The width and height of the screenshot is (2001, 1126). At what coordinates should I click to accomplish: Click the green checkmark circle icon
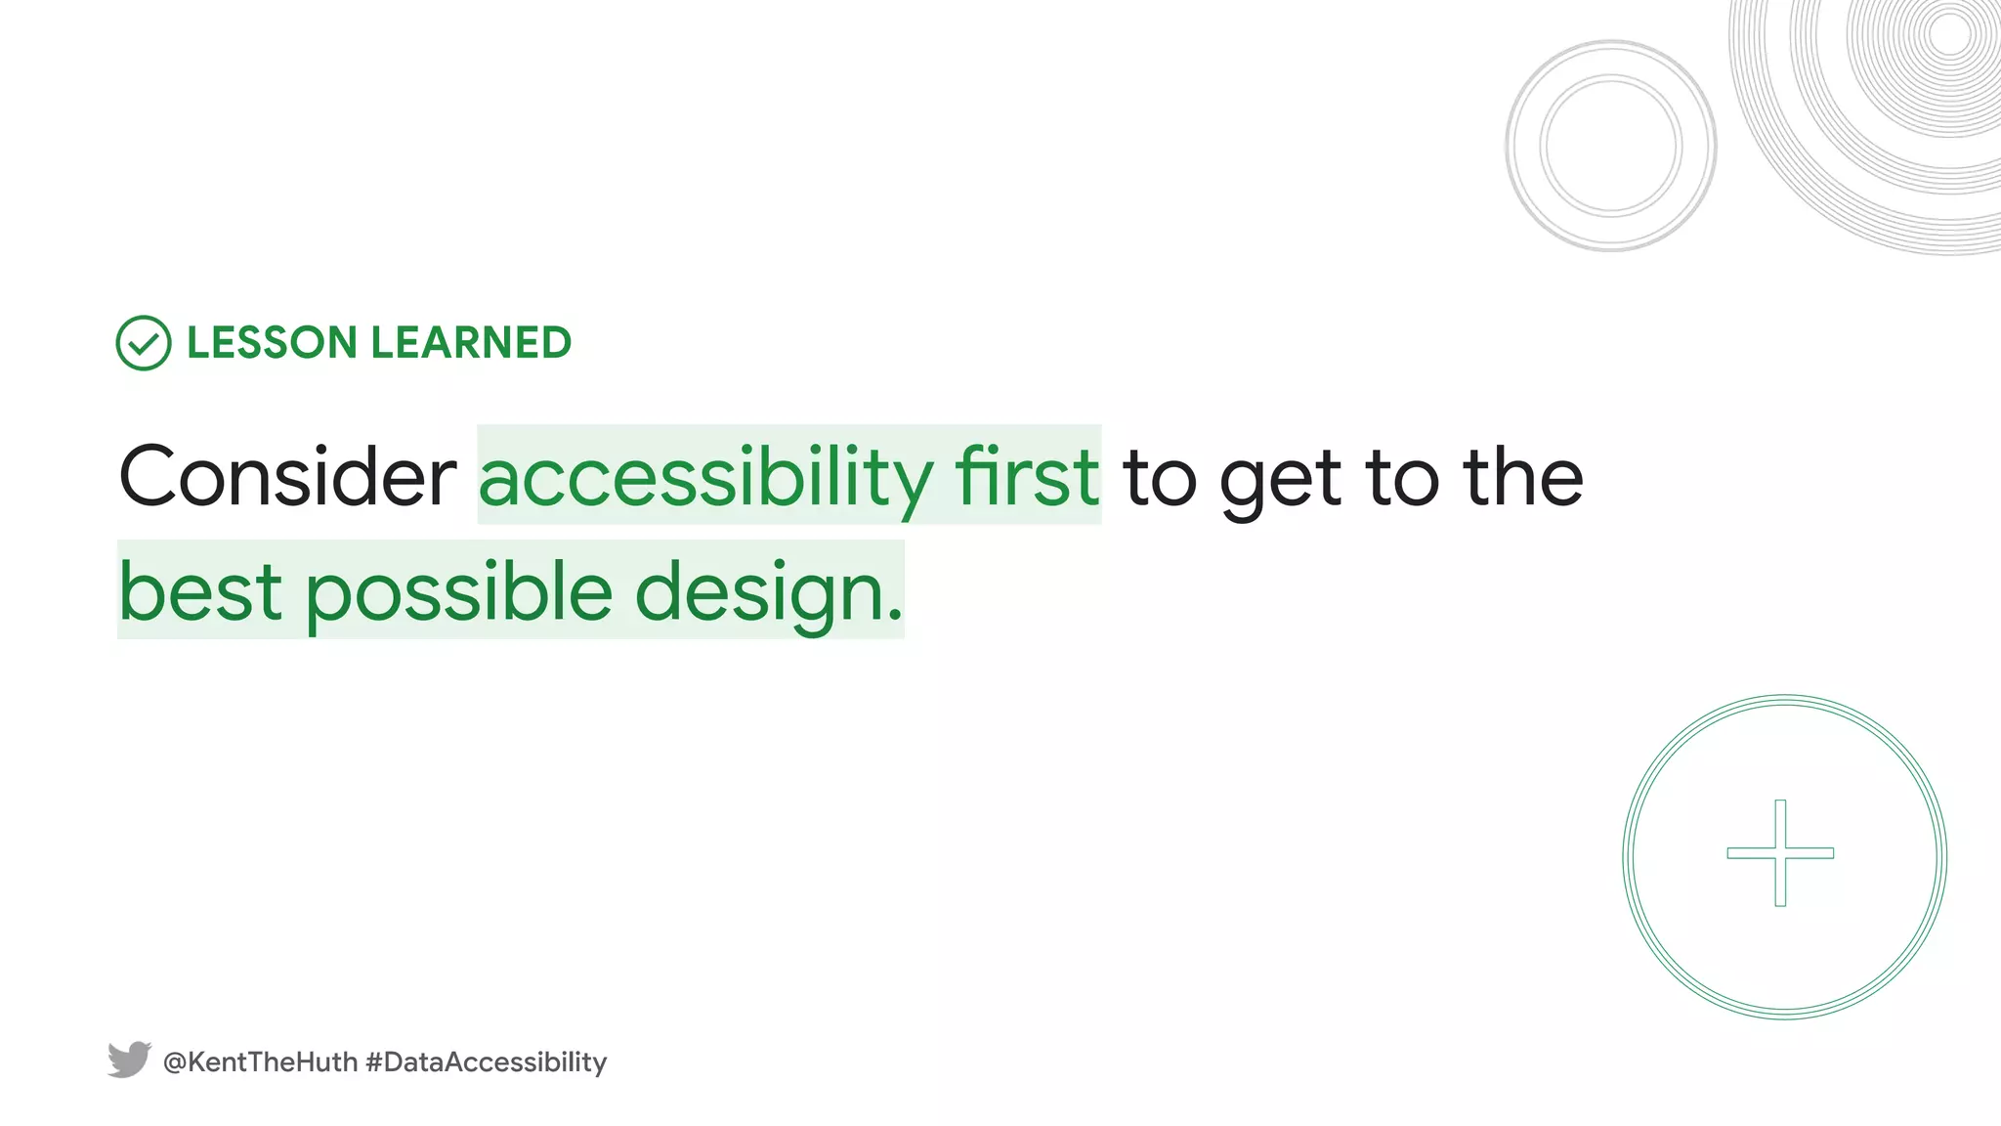click(144, 343)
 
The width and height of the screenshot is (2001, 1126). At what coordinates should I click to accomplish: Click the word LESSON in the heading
click(272, 343)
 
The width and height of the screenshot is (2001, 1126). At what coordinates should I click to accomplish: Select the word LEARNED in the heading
click(471, 343)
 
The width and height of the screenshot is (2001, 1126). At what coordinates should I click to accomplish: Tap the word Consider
click(287, 477)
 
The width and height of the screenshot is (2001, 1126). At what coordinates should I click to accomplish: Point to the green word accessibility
click(705, 477)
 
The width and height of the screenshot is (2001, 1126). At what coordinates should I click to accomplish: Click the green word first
click(1027, 477)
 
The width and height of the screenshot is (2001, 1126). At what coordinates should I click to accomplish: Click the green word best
click(200, 591)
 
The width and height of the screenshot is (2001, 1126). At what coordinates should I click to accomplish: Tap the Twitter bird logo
click(129, 1060)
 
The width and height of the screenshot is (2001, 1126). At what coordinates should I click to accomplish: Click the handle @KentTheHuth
click(260, 1062)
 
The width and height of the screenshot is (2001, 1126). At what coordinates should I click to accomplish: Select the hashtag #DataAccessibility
click(486, 1062)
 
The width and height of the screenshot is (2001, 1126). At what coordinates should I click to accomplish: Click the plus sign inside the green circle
click(1780, 853)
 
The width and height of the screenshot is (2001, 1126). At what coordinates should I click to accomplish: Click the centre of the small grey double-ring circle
click(1611, 146)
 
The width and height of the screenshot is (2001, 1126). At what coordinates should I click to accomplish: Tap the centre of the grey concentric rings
click(1950, 35)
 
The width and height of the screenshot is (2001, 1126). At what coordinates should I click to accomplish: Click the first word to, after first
click(1160, 479)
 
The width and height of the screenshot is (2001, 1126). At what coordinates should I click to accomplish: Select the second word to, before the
click(1403, 479)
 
